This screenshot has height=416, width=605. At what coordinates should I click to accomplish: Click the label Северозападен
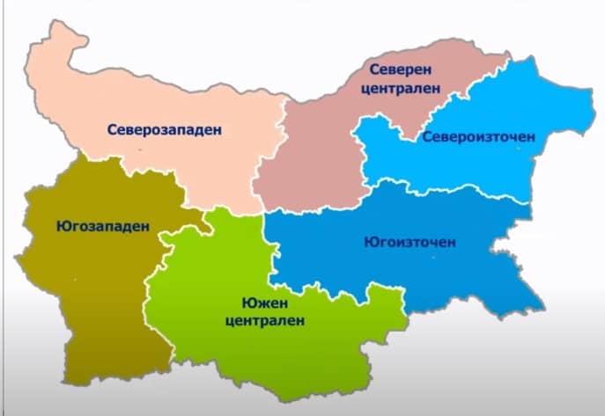click(165, 129)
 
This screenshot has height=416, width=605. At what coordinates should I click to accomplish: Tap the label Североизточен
click(478, 137)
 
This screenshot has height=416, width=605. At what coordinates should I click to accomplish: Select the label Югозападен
click(88, 225)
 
